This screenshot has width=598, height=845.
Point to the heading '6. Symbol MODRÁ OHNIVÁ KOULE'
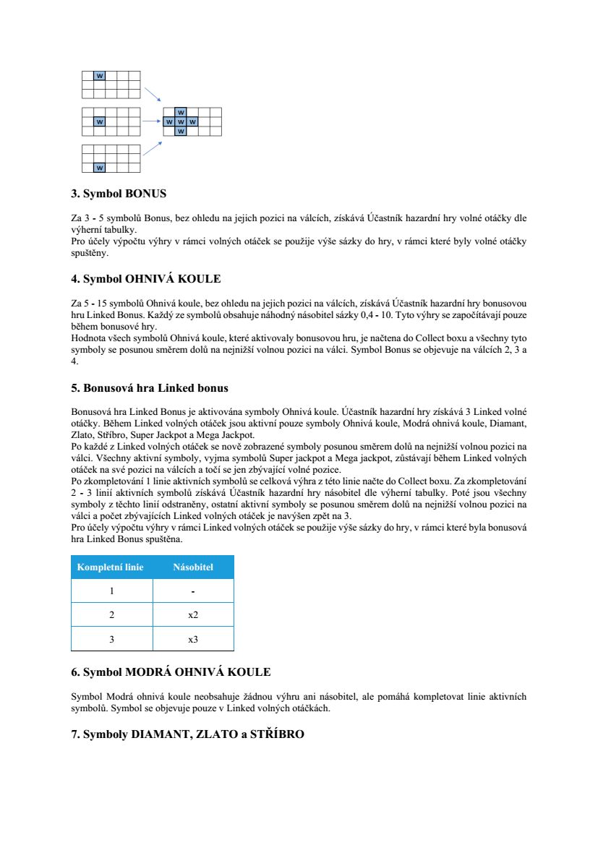coord(171,672)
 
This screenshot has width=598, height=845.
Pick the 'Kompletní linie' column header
coord(111,567)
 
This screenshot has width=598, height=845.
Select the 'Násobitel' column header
coord(193,567)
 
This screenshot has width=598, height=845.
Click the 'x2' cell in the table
coord(193,615)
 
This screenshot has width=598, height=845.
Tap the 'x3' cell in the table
coord(193,639)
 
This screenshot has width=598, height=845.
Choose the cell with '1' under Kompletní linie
coord(111,591)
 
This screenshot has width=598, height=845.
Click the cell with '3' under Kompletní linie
coord(111,639)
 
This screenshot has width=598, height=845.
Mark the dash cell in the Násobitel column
coord(193,591)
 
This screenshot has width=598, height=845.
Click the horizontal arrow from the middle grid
coord(151,121)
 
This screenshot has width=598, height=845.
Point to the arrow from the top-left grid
coord(152,95)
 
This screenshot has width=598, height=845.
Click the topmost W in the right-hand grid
coord(181,112)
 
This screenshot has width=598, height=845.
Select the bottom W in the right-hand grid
coord(181,132)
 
